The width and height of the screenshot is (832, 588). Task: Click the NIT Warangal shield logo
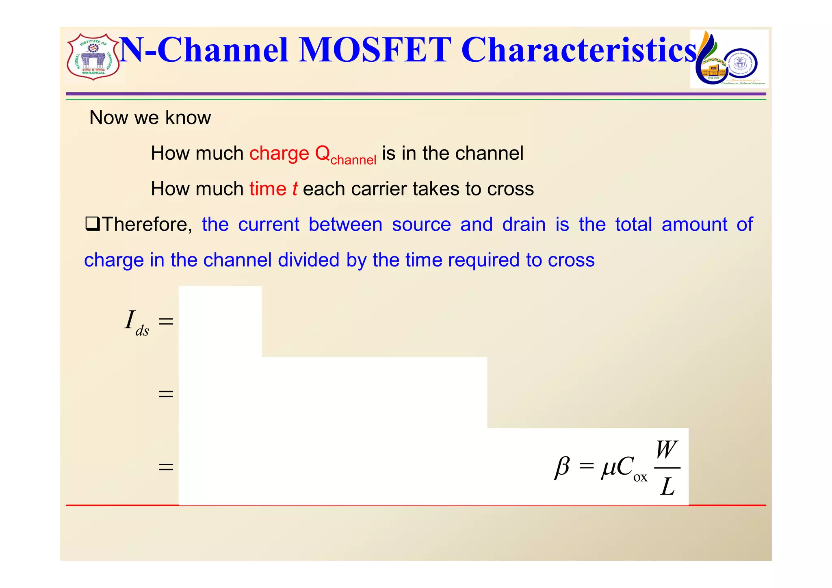click(x=93, y=57)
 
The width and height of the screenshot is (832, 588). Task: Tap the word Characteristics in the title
click(x=579, y=50)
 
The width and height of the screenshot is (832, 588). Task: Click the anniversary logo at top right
click(x=729, y=59)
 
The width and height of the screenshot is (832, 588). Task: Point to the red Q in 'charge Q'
click(x=323, y=153)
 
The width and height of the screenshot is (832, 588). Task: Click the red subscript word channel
click(x=353, y=160)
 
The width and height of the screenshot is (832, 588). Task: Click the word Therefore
click(x=146, y=224)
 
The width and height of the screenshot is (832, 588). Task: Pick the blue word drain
click(x=524, y=224)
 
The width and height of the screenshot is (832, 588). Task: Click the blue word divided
click(x=308, y=260)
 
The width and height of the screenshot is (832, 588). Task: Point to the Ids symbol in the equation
click(x=136, y=322)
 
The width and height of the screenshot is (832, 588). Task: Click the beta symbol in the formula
click(x=562, y=467)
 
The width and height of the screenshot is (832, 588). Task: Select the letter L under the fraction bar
click(x=667, y=486)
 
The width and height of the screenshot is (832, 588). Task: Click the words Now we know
click(x=150, y=118)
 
